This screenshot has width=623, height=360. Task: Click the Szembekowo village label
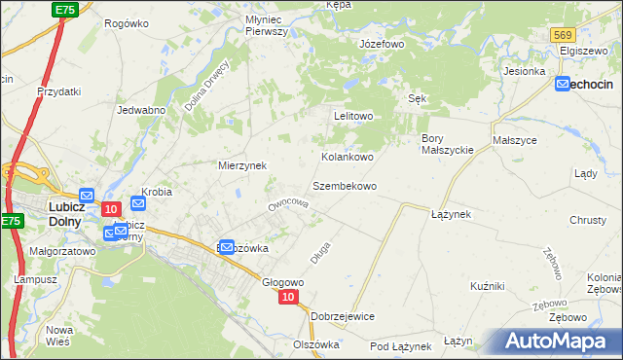point(344,185)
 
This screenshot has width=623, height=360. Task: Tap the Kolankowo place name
point(348,156)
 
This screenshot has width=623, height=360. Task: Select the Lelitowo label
point(354,116)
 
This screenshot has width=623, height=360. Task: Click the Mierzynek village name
point(242,165)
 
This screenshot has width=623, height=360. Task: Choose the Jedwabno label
point(140,110)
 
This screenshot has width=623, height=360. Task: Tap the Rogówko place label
point(126,23)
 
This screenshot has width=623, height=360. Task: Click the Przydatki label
point(58,90)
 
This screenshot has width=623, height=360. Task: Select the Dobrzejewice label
point(343,316)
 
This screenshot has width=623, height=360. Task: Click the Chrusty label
point(588,220)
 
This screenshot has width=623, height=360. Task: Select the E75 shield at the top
point(65,9)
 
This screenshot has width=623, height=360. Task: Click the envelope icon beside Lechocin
point(564,85)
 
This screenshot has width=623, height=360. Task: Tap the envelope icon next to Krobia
point(137,204)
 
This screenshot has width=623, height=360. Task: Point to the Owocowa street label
point(288,204)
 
